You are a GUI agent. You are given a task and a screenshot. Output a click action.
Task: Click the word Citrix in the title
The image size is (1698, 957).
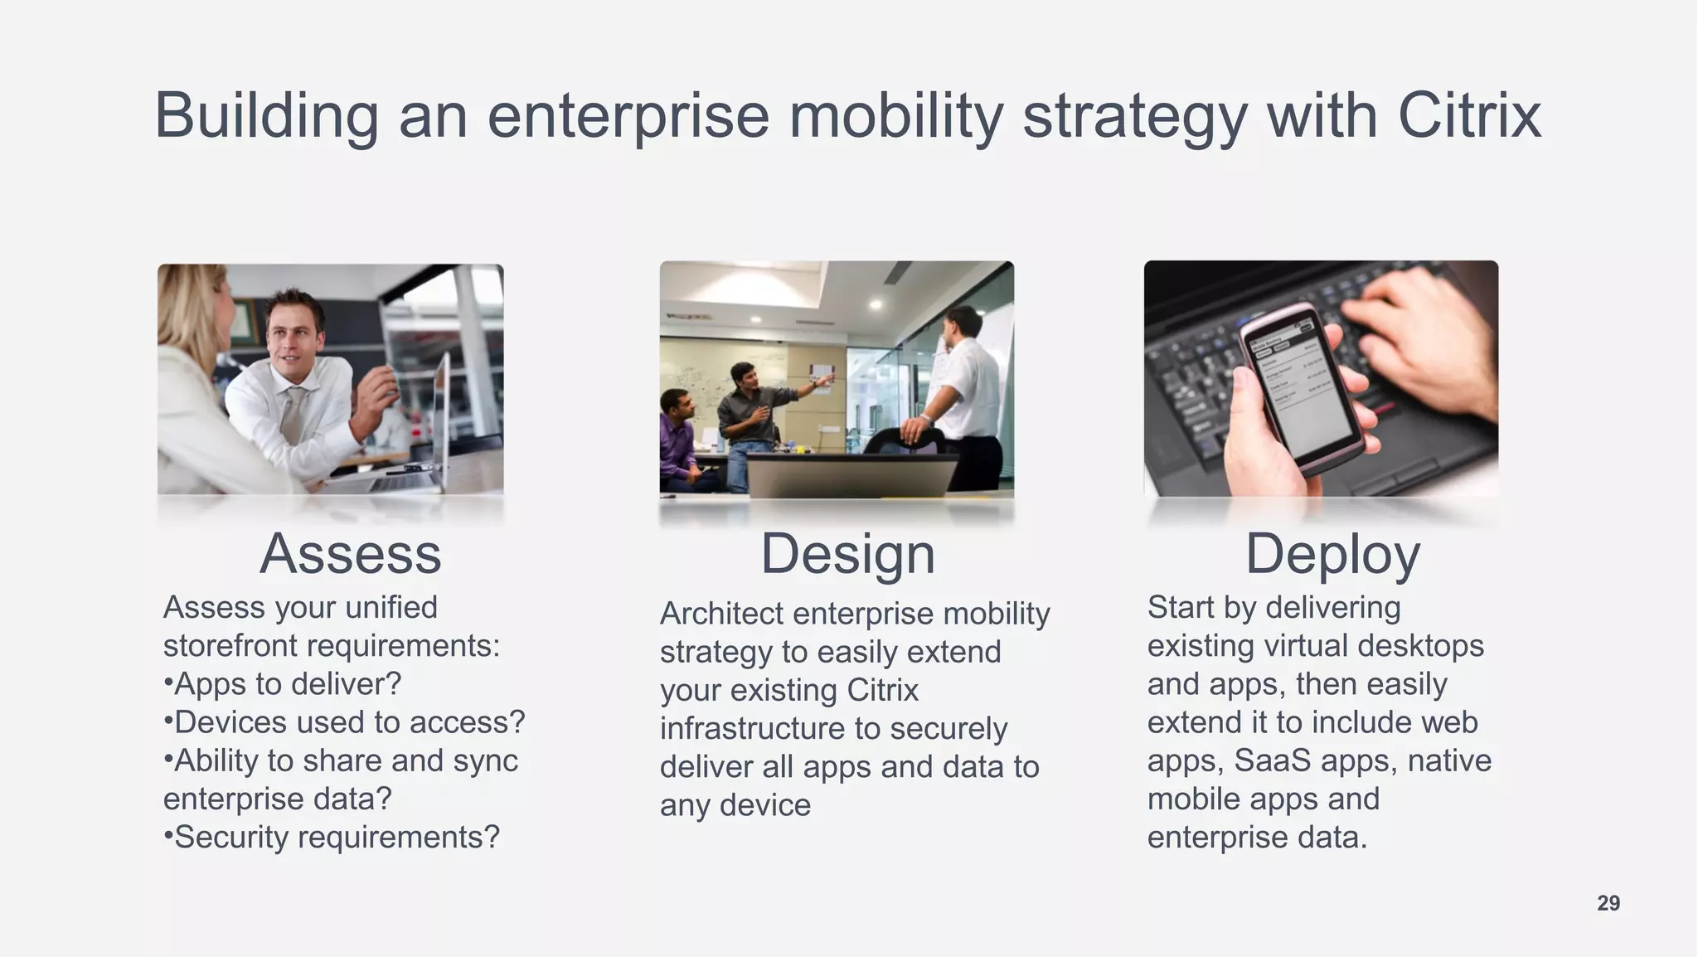coord(1468,115)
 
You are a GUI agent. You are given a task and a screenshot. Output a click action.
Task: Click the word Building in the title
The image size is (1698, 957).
coord(266,115)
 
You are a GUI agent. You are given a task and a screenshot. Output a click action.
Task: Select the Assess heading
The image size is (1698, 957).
coord(350,554)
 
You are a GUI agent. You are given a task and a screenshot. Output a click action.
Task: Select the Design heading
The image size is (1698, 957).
coord(847,554)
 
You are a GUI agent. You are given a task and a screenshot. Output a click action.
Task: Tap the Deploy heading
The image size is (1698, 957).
coord(1332,554)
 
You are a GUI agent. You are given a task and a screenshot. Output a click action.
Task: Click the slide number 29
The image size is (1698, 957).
coord(1608,903)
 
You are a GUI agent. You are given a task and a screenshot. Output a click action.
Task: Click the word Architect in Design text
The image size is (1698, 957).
coord(721,615)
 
